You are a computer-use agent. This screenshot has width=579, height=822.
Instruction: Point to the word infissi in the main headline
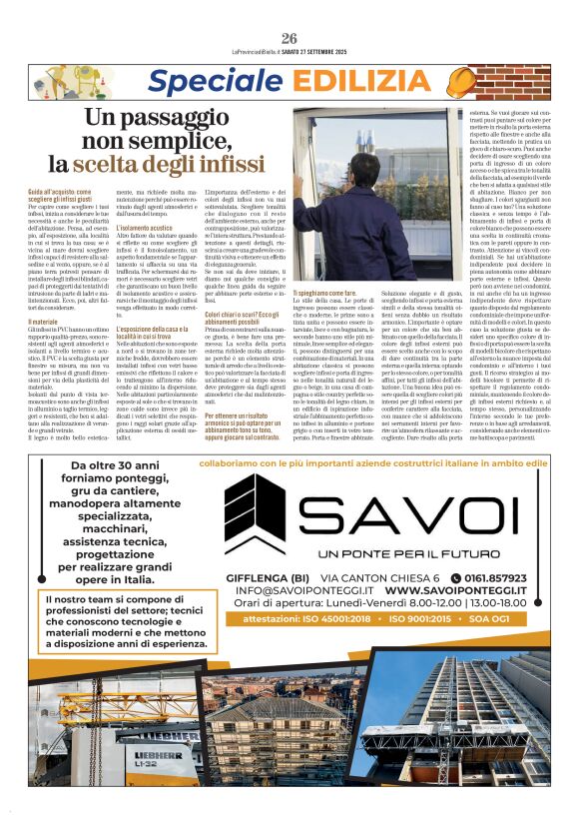pyautogui.click(x=228, y=163)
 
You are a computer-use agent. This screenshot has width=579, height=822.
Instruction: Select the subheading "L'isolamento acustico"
pyautogui.click(x=145, y=227)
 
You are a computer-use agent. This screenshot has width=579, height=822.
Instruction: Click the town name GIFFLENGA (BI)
pyautogui.click(x=281, y=577)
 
